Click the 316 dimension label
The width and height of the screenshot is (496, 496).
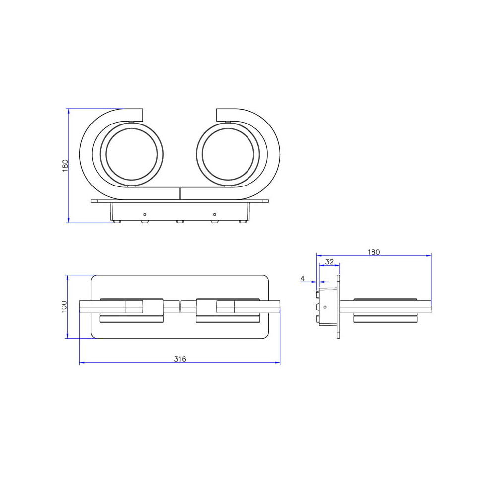[180, 359]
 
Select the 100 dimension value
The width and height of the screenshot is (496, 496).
[64, 307]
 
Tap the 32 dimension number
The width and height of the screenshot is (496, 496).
[329, 262]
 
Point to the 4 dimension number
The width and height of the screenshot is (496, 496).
[303, 278]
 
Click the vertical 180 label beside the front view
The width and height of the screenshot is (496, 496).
[65, 166]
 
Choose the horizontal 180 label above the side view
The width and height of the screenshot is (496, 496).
[373, 252]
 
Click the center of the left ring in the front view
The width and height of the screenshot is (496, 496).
[131, 154]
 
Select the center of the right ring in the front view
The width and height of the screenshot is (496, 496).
[228, 154]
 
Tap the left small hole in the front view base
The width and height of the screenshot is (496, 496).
[145, 214]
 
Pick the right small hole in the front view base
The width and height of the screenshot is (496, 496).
[214, 214]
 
